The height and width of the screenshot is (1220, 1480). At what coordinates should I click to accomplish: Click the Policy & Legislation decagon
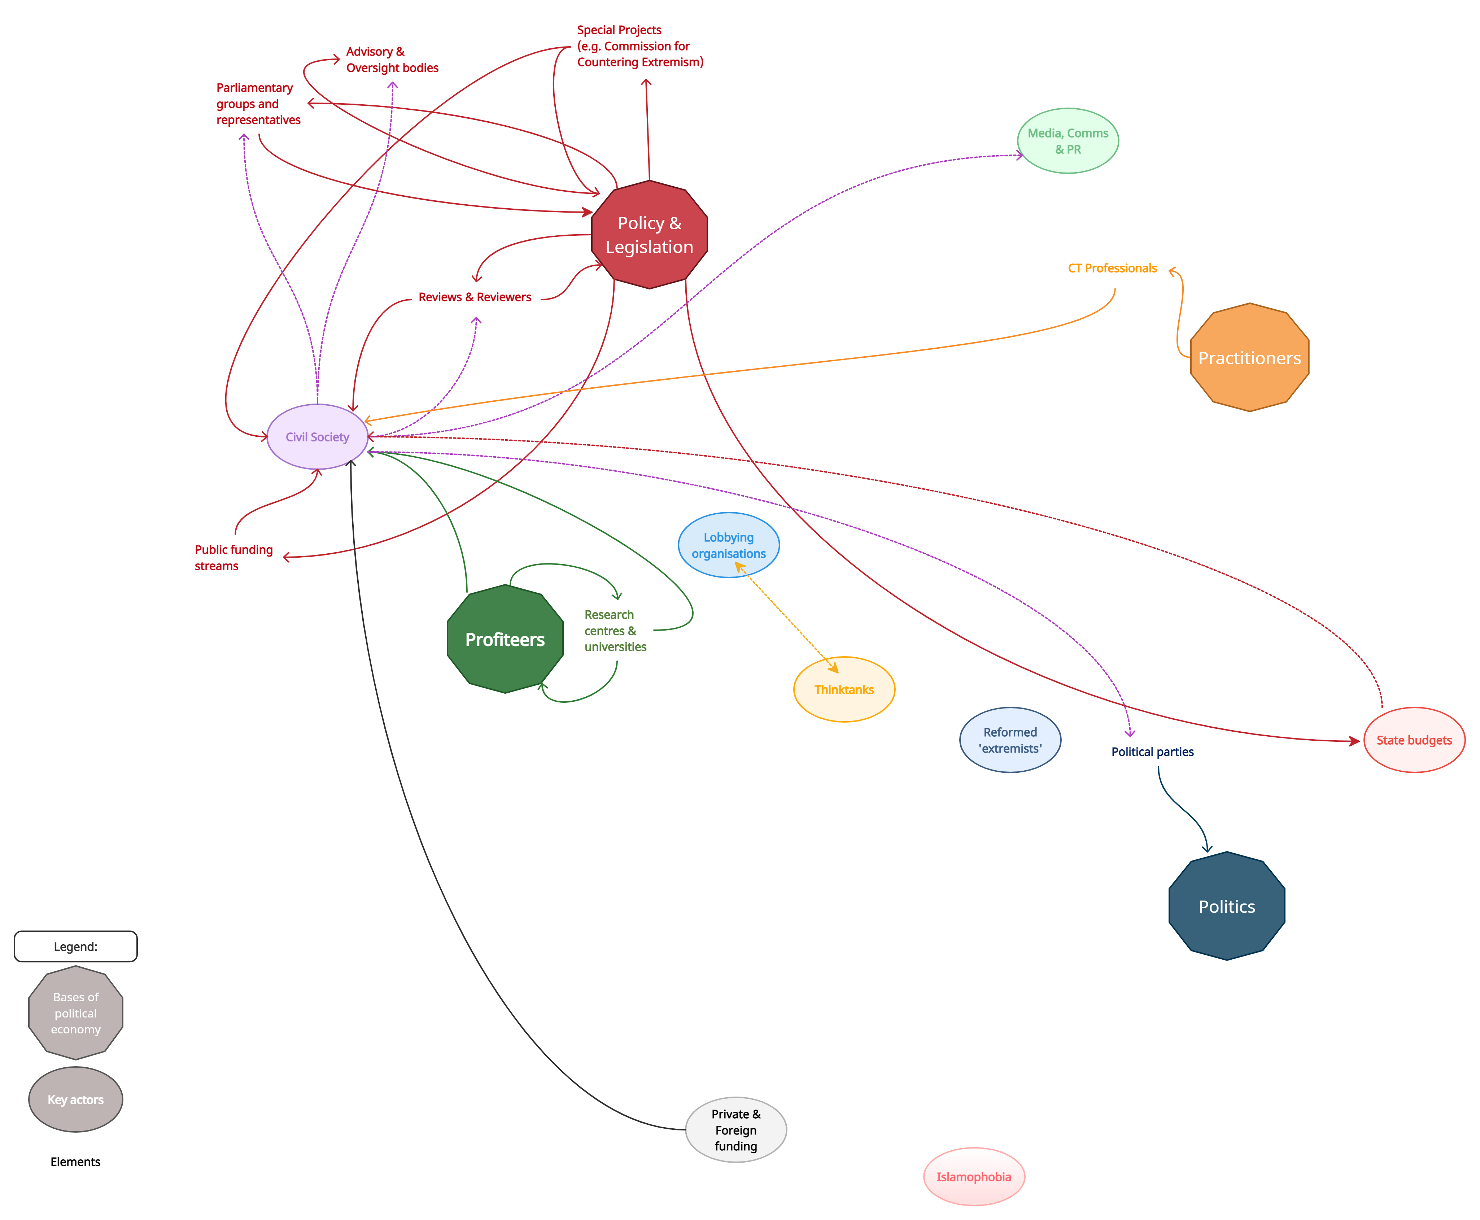coord(649,235)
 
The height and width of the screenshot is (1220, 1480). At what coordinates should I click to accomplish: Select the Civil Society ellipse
coord(318,436)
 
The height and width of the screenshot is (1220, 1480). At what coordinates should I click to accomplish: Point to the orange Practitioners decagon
coord(1249,358)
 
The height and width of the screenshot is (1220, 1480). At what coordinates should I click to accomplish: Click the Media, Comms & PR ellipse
coord(1068,140)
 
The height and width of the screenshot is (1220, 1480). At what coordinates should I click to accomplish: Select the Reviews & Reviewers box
coord(476,299)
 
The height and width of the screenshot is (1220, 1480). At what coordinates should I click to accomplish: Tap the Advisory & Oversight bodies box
coord(392,59)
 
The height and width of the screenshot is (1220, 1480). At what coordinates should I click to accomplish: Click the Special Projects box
coord(645,47)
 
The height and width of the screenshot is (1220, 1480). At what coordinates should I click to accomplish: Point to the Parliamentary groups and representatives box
coord(259,103)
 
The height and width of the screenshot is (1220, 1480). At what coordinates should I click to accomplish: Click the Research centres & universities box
coord(615,630)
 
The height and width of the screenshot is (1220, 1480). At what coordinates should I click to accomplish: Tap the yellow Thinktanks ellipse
coord(844,689)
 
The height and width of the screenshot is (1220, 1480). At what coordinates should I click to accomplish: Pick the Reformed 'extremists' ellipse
coord(1010,740)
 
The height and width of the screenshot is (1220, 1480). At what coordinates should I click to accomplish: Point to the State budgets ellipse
coord(1414,740)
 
